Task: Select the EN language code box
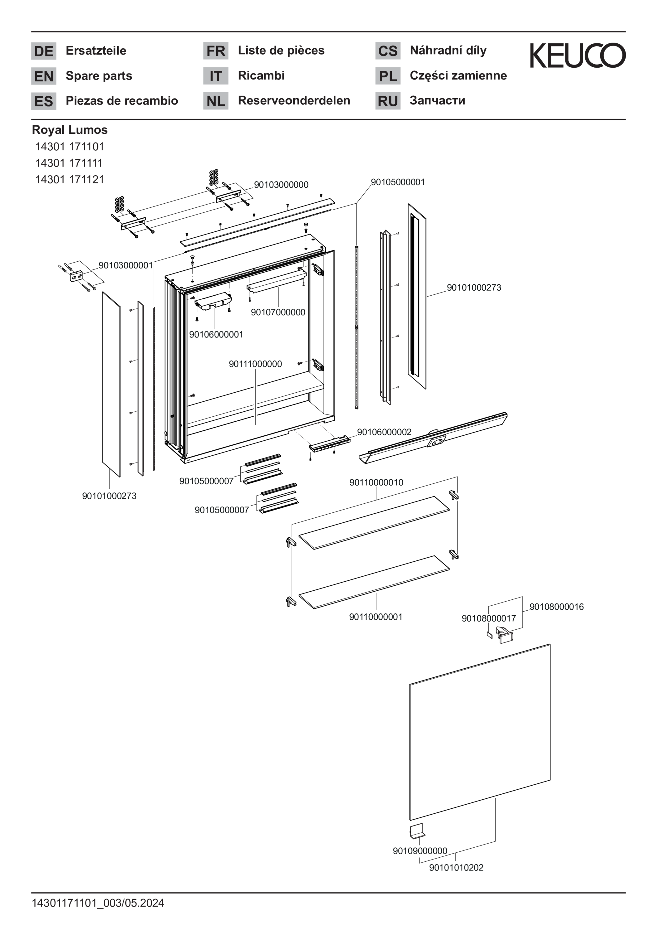click(44, 76)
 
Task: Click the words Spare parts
click(99, 76)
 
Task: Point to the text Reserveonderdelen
click(294, 100)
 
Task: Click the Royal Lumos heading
click(70, 130)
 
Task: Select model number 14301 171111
click(69, 163)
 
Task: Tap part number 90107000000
click(278, 312)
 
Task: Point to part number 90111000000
click(256, 364)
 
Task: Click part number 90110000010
click(376, 482)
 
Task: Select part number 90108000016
click(556, 607)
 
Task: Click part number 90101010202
click(456, 868)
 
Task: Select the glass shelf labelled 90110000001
click(374, 582)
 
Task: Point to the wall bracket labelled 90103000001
click(77, 276)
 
